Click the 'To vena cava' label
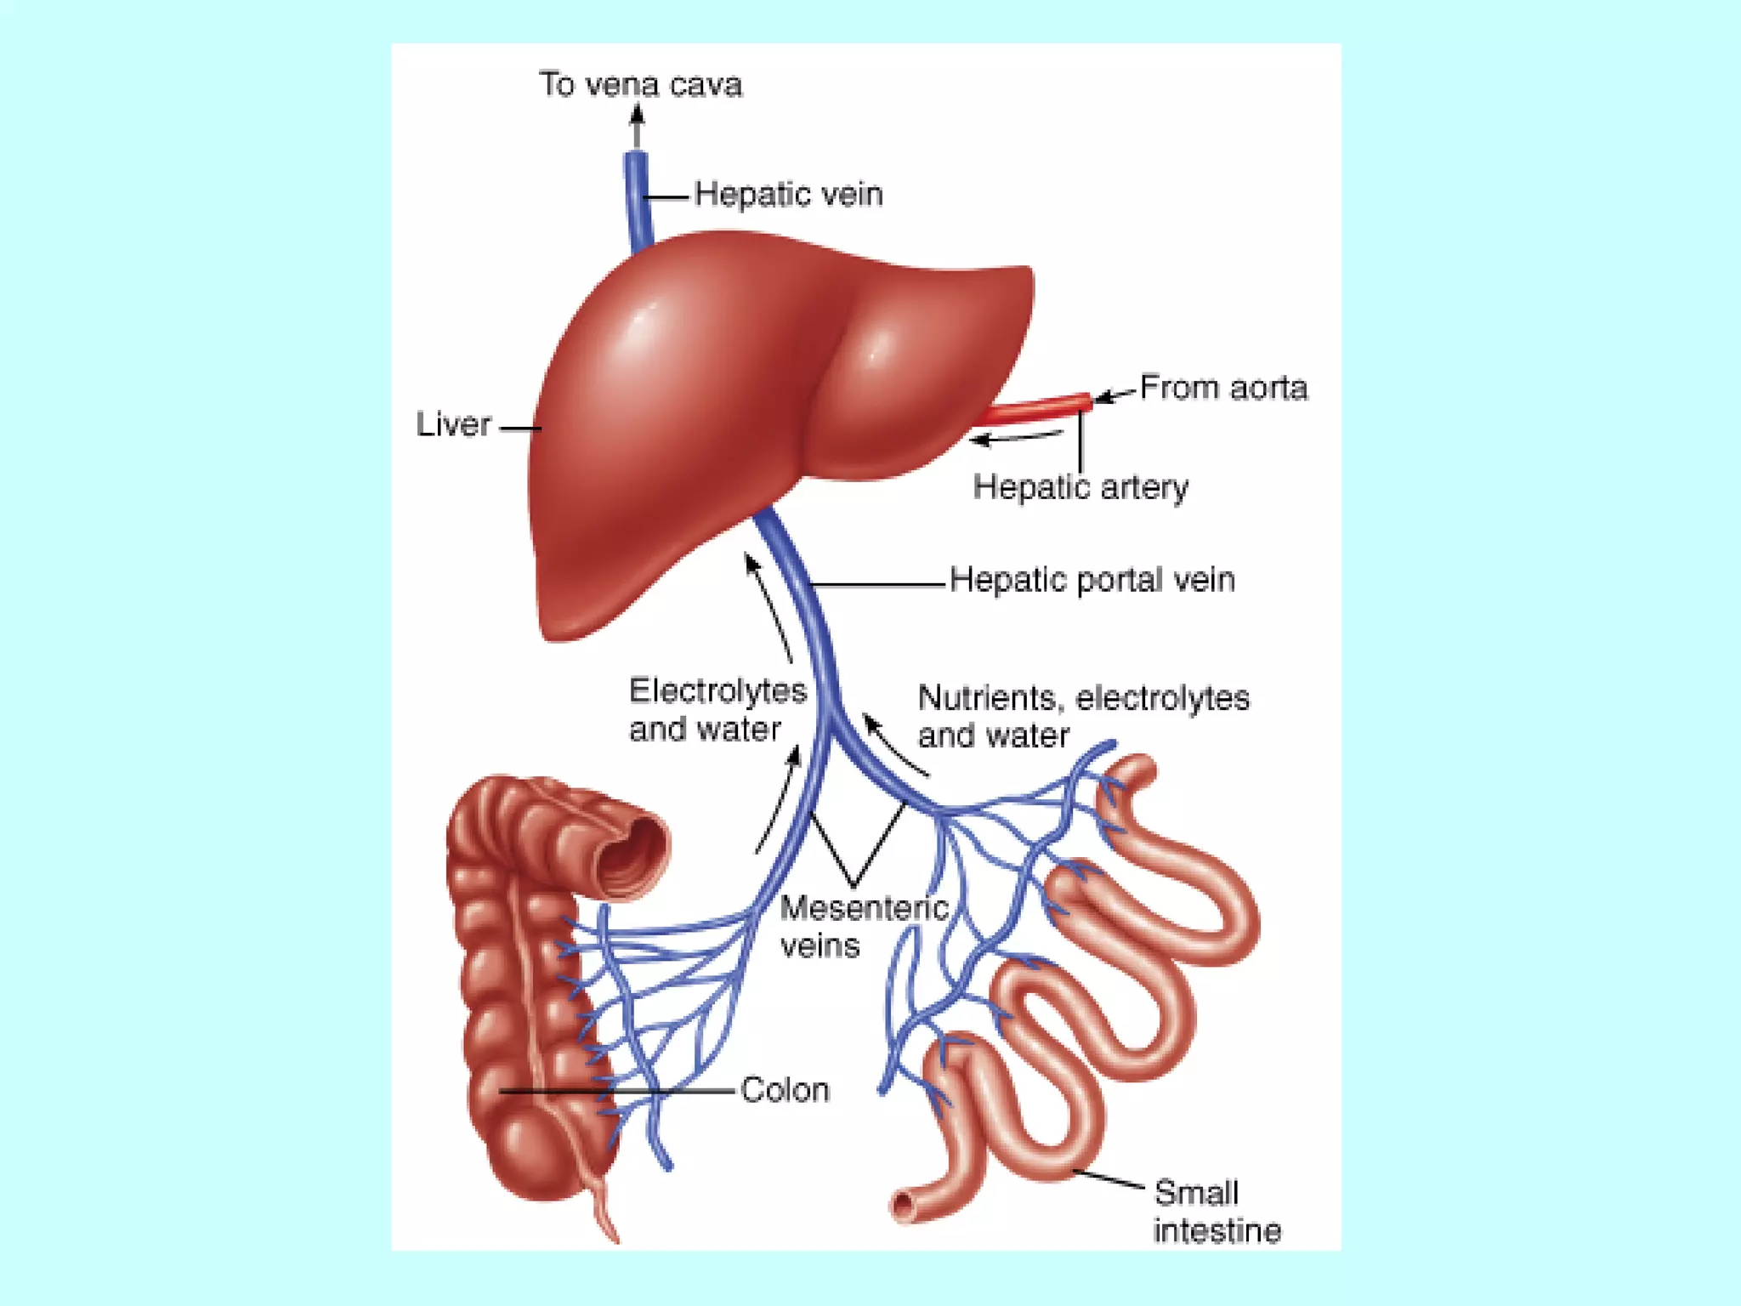click(640, 85)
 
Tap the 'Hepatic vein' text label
click(788, 195)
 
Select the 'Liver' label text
click(453, 424)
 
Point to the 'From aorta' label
click(1222, 388)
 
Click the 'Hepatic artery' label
click(1080, 487)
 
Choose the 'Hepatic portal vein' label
click(1092, 580)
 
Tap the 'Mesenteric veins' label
click(863, 927)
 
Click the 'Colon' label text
click(784, 1090)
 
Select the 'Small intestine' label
click(1216, 1212)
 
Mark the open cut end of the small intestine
click(903, 1206)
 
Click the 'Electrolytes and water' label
click(717, 710)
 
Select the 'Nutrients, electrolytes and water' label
click(1082, 716)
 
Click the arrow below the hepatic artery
click(1016, 438)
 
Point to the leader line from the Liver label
click(519, 428)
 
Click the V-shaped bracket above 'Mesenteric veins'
click(855, 850)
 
